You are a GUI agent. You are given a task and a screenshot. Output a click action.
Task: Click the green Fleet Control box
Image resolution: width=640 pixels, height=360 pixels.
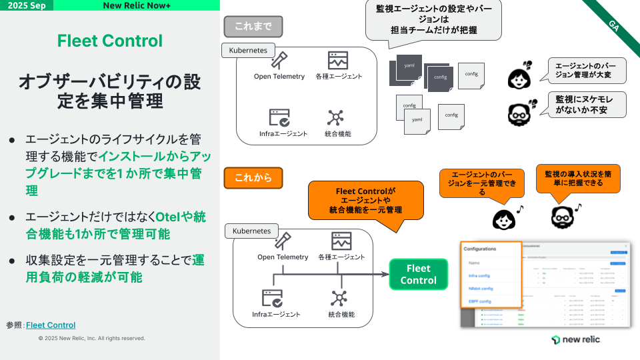(419, 274)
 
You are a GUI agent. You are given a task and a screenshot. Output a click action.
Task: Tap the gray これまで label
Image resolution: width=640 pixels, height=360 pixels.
(253, 26)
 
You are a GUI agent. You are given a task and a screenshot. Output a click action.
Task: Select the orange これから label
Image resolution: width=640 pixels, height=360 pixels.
(253, 178)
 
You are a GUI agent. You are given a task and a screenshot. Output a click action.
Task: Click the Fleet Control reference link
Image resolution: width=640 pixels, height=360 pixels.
(51, 325)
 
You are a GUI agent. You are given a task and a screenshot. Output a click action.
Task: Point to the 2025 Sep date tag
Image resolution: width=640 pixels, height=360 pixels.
(27, 5)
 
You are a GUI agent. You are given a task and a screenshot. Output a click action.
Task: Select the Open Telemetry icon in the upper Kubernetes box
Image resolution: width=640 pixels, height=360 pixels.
(279, 61)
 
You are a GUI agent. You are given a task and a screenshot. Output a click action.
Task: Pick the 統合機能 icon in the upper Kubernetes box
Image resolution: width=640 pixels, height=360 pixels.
(335, 118)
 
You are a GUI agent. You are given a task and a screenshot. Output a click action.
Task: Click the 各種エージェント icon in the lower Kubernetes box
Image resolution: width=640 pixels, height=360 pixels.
(341, 241)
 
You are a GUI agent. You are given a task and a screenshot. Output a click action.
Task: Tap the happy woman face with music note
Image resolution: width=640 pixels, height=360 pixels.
(503, 219)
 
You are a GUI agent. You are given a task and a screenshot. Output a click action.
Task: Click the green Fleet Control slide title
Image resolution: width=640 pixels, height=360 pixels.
(109, 41)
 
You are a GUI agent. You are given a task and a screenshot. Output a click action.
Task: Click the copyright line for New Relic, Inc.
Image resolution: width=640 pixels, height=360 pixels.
(91, 338)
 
